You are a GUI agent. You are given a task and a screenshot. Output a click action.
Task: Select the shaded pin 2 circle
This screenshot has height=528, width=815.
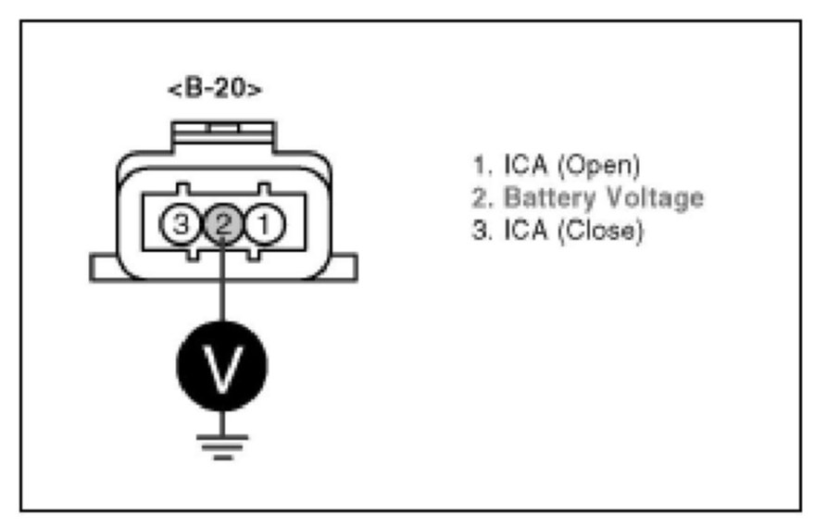pos(221,223)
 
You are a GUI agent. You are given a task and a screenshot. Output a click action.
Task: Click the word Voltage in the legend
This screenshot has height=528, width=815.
pos(653,198)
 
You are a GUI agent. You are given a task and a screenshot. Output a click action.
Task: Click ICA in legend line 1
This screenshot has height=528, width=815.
pos(525,167)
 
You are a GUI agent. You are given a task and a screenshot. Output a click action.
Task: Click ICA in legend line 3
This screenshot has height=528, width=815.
pos(525,229)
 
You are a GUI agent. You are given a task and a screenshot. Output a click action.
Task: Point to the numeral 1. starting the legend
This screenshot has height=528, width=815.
pos(480,167)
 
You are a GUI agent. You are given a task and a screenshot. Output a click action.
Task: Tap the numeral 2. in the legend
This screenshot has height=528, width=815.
pos(481,198)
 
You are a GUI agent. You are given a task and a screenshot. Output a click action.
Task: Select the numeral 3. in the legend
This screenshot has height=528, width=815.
pos(481,229)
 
